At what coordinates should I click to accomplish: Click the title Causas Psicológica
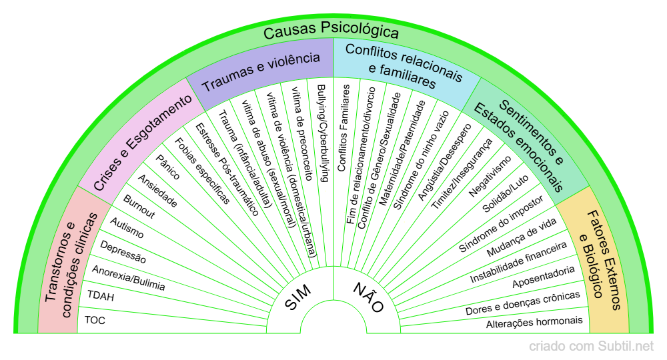click(x=331, y=31)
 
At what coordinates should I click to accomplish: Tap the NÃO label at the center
click(x=368, y=297)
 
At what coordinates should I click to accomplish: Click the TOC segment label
click(x=95, y=320)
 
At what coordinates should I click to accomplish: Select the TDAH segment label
click(x=101, y=295)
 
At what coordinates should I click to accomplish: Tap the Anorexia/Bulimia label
click(x=128, y=279)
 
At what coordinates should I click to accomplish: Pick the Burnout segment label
click(x=139, y=207)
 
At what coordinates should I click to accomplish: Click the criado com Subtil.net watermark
click(x=592, y=347)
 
